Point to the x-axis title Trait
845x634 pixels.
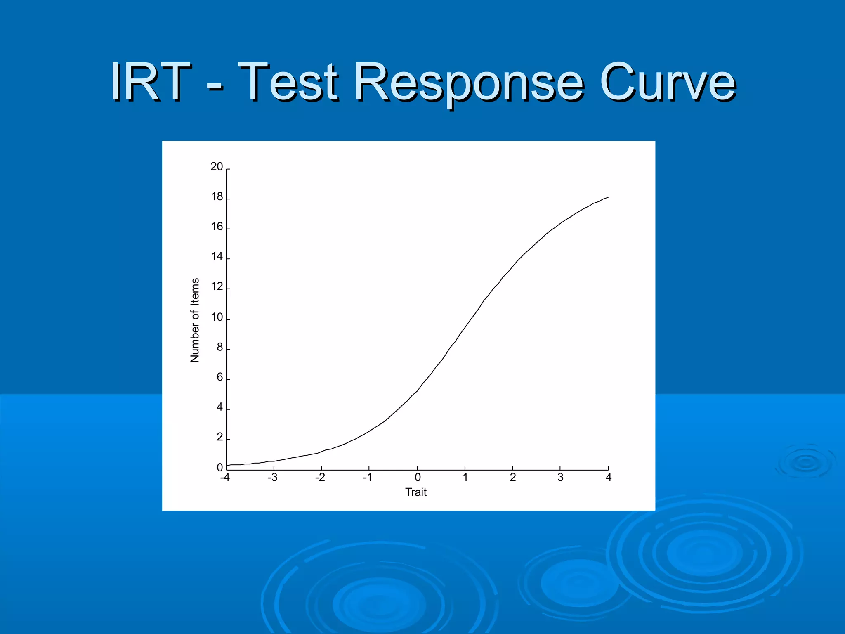pos(415,492)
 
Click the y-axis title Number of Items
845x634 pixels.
pos(195,320)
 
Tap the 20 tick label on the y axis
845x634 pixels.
pos(217,167)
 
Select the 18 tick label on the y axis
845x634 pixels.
pos(217,197)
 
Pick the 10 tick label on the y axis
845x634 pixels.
pos(217,317)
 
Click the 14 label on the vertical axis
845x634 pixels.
pos(217,257)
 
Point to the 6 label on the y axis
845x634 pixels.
pos(220,377)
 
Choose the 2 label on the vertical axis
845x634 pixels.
pos(220,437)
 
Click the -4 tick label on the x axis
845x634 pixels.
pos(225,478)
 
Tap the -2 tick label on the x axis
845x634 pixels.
pos(320,478)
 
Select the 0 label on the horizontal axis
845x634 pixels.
pos(418,478)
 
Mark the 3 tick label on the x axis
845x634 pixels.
pos(560,478)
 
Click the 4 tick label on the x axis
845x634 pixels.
pos(608,478)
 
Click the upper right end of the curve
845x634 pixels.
pos(607,198)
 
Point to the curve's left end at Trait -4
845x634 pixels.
pos(227,466)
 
